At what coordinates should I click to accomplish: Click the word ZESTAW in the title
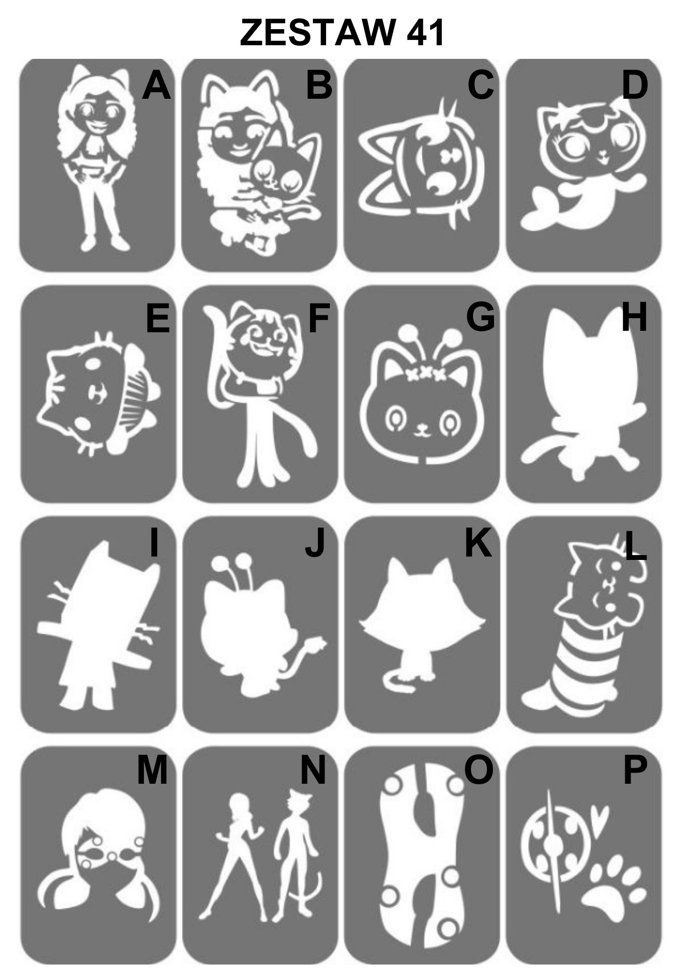317,33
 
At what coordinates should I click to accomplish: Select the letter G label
480,317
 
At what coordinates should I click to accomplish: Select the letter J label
315,543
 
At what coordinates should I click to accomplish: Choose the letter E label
158,317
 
